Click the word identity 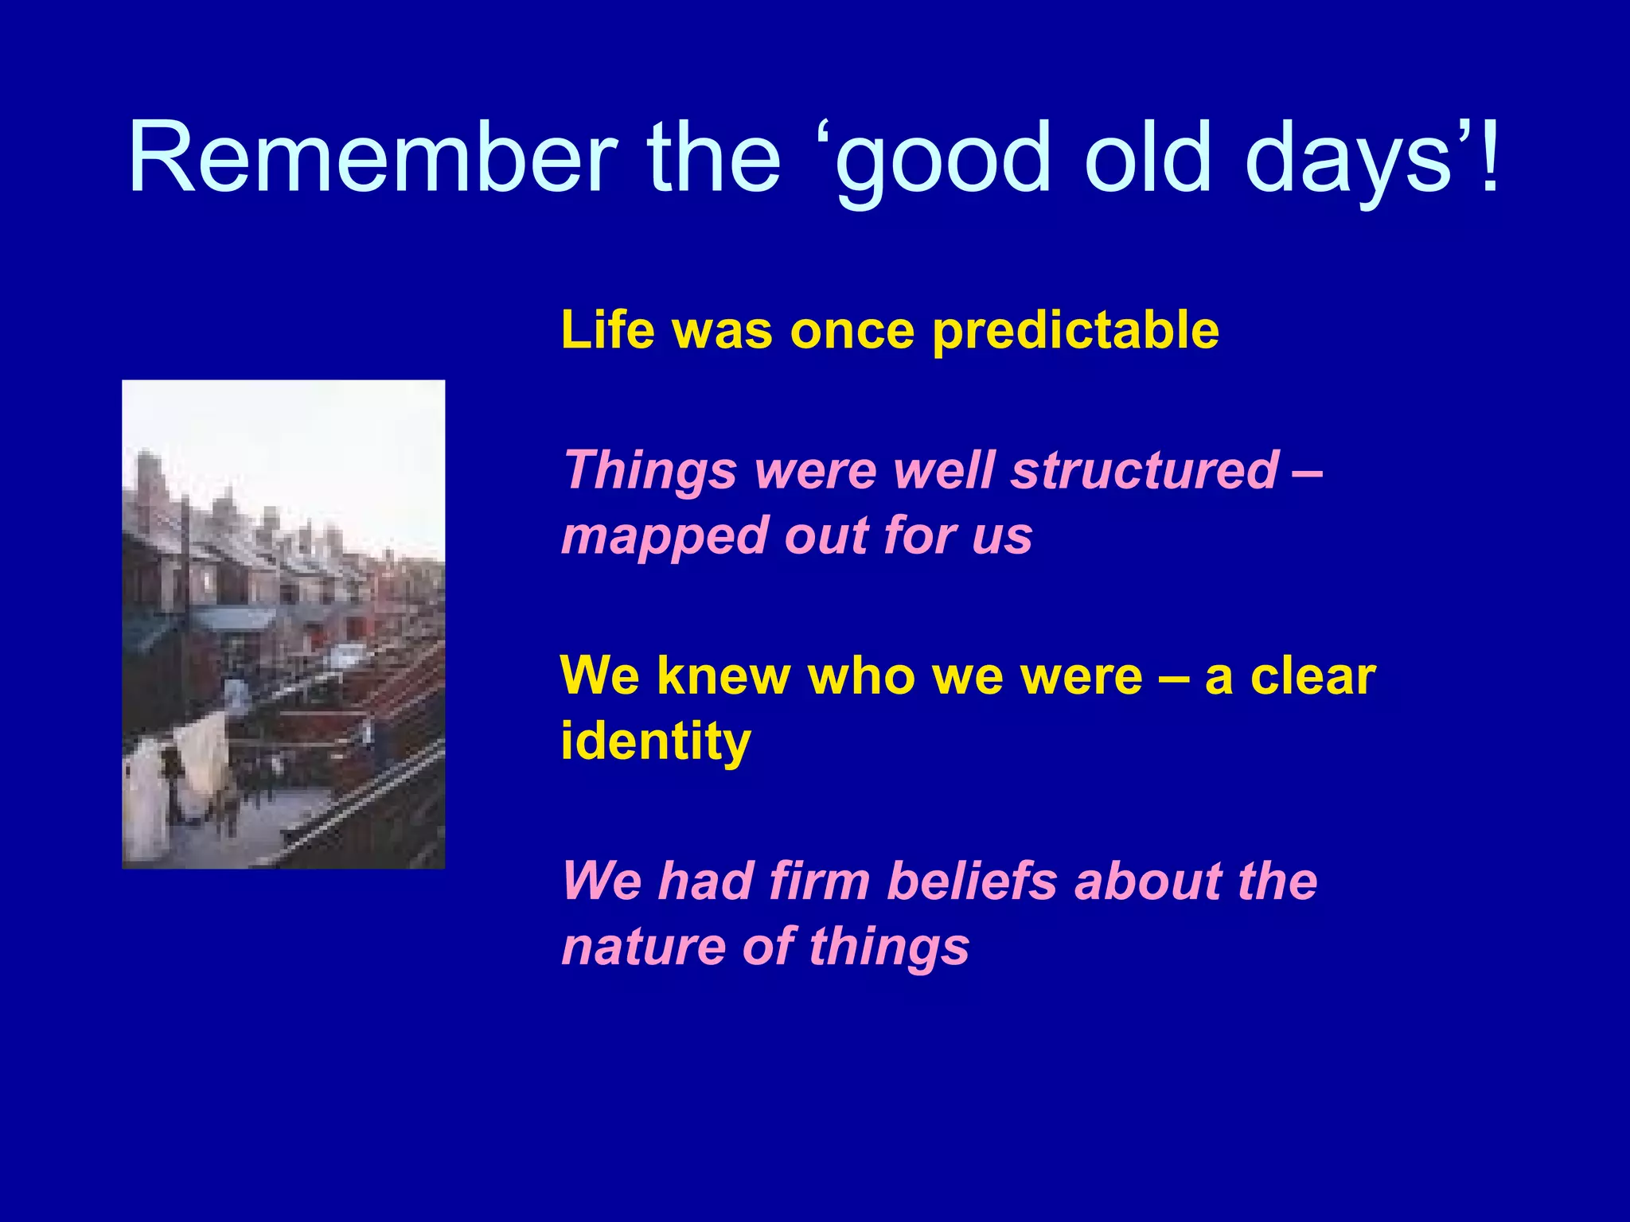pos(655,741)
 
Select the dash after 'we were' pos(1173,679)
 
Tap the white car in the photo pos(347,656)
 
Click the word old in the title pos(1148,157)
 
